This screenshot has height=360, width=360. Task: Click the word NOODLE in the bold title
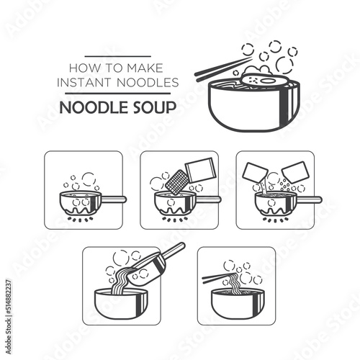coord(92,107)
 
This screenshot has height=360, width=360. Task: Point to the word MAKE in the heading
coord(145,68)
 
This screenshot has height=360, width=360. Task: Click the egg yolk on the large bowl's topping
coord(266,81)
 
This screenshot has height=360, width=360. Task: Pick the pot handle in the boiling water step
coord(112,199)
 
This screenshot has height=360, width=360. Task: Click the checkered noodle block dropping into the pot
coord(175,182)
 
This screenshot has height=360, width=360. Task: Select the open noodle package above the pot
coord(199,170)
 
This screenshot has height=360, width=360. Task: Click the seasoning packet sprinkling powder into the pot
coord(295,172)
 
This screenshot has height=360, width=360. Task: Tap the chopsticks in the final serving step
coord(219,278)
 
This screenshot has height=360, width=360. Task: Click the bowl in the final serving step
coord(238,303)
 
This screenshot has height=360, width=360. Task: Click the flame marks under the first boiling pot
coord(80,220)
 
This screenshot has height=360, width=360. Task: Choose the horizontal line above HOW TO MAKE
coord(118,57)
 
